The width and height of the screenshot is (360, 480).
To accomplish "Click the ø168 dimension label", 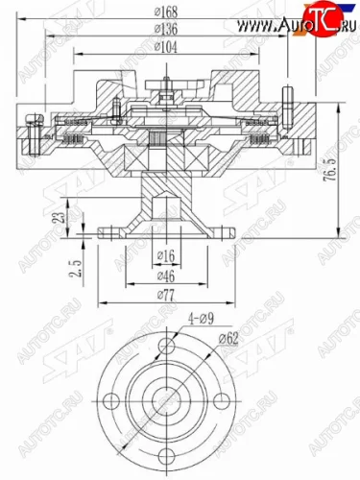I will [x=169, y=12].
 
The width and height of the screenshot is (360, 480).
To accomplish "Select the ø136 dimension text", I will [x=169, y=30].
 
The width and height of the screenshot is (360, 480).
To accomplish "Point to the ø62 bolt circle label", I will [x=231, y=338].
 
